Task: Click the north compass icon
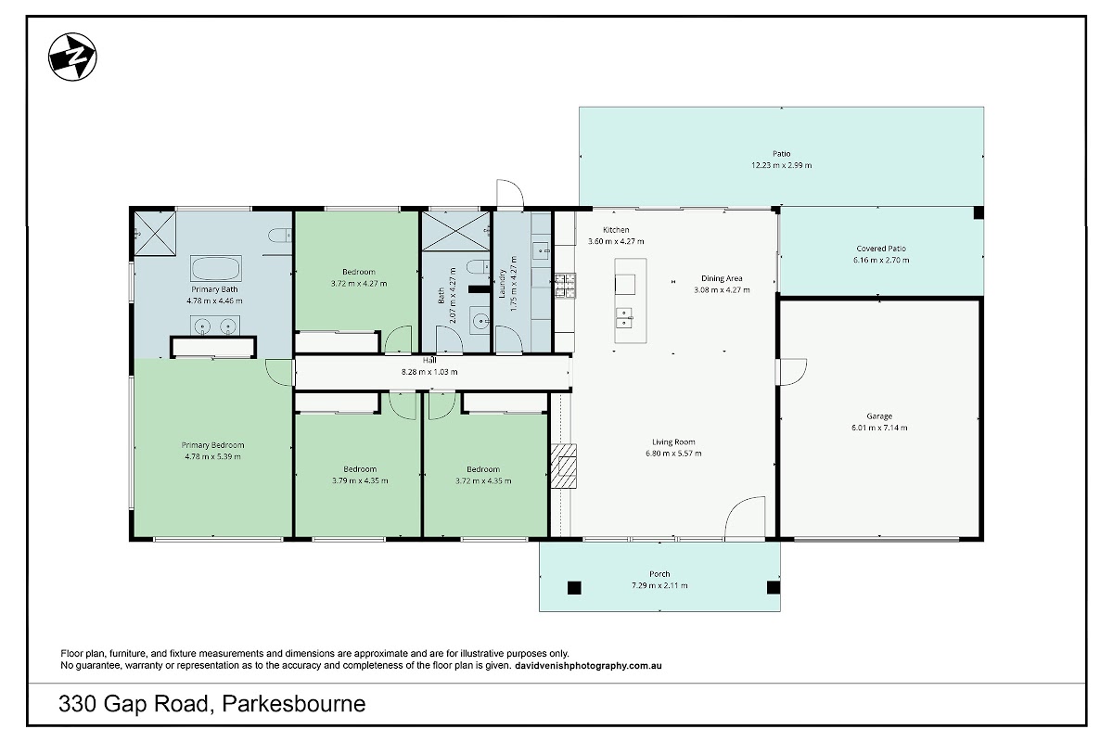click(72, 57)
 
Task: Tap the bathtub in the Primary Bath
click(215, 268)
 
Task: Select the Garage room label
click(879, 416)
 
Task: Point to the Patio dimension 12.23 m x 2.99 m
click(781, 165)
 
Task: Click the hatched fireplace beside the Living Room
click(564, 466)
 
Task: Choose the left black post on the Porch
click(574, 588)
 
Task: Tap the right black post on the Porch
click(774, 587)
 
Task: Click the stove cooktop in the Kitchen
click(566, 286)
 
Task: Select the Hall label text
click(429, 360)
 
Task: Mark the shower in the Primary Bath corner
click(155, 234)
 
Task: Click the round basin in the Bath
click(480, 321)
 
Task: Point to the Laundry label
click(502, 284)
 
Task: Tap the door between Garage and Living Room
click(791, 372)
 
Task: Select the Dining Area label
click(722, 278)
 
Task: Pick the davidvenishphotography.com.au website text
click(588, 666)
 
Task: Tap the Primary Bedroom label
click(212, 445)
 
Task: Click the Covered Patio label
click(881, 249)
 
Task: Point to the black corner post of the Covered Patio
click(979, 212)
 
